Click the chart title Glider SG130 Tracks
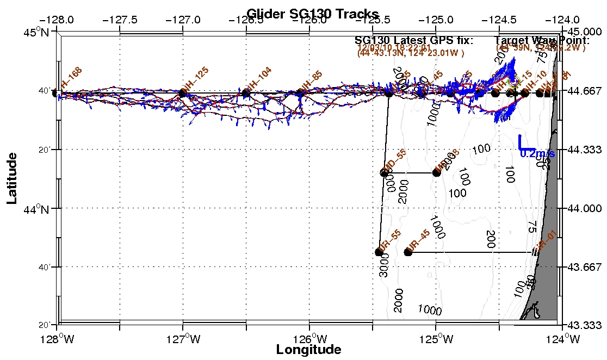312,14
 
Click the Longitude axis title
308,350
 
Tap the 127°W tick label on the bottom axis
183,339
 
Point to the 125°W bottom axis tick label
436,339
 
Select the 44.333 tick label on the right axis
585,149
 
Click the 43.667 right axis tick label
585,267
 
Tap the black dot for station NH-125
183,94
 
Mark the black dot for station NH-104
246,94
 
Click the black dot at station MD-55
384,173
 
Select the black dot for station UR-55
379,252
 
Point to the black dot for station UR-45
408,252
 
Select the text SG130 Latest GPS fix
414,40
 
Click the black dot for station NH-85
299,94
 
